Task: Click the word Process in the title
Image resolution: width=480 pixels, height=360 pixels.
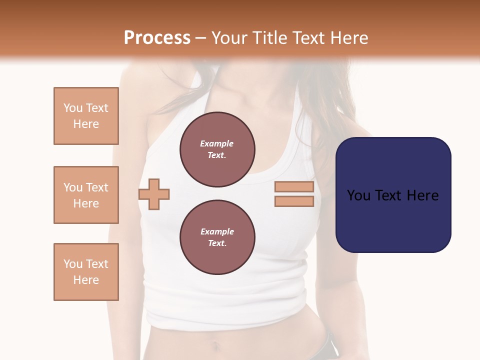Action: (x=157, y=38)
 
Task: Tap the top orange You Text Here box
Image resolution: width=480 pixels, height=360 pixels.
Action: (x=86, y=116)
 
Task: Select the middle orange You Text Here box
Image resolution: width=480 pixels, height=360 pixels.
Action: (x=86, y=195)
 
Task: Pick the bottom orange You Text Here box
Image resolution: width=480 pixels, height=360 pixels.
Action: (x=86, y=272)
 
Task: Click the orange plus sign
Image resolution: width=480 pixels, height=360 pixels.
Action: (x=154, y=194)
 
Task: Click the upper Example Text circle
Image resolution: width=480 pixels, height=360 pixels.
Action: (x=217, y=149)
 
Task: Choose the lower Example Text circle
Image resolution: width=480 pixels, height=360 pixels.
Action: (x=217, y=237)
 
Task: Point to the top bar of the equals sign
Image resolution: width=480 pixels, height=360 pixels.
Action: (x=294, y=187)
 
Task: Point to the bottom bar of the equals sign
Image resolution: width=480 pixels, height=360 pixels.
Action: (x=294, y=201)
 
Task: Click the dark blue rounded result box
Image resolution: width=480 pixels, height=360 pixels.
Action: (x=393, y=194)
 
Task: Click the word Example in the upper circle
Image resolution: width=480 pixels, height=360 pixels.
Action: (x=217, y=143)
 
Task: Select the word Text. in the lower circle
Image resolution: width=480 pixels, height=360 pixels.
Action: (x=217, y=243)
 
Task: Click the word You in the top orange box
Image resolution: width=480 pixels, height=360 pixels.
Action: (x=72, y=108)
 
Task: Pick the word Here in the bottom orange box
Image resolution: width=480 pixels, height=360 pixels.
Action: (x=86, y=280)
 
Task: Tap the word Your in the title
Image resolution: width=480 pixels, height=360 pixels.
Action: (x=227, y=38)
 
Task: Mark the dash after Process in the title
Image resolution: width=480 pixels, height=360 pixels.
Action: (x=201, y=38)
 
